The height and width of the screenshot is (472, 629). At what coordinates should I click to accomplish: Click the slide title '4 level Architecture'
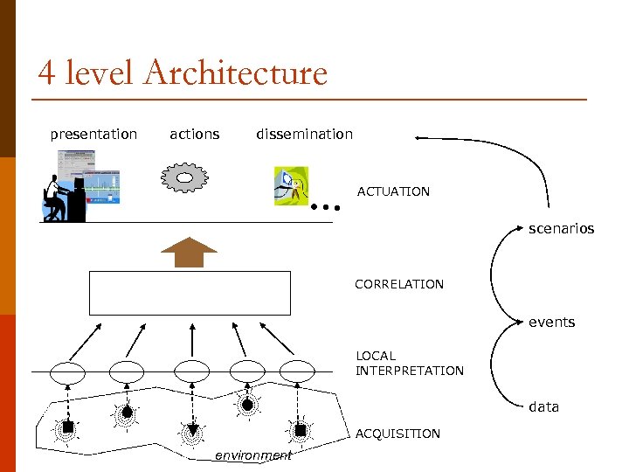pos(183,73)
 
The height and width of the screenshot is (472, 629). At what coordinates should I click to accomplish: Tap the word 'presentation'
pos(93,134)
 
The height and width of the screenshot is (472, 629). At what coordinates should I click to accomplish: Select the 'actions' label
pos(194,134)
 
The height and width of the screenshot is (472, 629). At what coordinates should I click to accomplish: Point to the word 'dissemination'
pos(304,134)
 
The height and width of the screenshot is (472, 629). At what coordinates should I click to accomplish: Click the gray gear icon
pos(185,177)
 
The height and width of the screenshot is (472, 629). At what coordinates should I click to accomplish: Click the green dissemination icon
pos(291,185)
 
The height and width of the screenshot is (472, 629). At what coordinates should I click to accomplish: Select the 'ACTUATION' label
pos(393,191)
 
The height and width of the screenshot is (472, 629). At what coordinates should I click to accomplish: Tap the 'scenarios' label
pos(561,228)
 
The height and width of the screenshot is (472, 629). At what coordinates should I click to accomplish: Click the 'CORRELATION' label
pos(398,284)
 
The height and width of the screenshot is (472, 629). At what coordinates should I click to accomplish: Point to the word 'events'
pos(551,322)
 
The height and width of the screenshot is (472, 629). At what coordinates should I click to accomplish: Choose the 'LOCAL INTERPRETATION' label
pos(409,363)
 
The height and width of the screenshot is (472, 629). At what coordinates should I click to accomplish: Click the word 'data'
pos(543,406)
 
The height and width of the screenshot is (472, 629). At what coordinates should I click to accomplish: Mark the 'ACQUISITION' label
pos(397,434)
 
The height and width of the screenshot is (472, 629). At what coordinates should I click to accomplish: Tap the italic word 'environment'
pos(253,455)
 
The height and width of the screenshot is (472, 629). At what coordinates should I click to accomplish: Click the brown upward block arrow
pos(189,251)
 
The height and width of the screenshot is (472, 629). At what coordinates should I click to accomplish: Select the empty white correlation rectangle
pos(190,292)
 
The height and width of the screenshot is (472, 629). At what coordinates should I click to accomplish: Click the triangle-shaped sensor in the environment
pos(192,430)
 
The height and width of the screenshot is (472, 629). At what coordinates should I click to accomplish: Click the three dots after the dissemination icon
pos(324,209)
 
